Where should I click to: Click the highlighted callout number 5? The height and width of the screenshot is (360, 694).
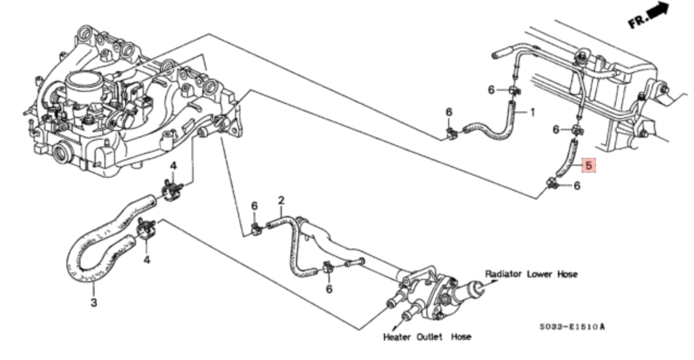[589, 165]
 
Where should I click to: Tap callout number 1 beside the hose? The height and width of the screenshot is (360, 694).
[532, 113]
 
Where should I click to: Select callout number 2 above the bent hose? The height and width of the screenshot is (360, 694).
[281, 201]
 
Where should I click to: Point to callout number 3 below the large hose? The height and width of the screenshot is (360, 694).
[94, 302]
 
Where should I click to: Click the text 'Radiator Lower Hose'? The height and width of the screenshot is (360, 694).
[531, 274]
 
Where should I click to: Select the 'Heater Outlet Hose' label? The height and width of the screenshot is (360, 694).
[427, 337]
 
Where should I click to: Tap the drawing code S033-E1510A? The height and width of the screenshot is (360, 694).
[572, 327]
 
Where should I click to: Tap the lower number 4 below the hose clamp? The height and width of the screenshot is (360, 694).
[146, 260]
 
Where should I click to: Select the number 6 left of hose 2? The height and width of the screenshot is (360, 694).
[254, 206]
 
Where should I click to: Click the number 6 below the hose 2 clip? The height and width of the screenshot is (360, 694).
[329, 289]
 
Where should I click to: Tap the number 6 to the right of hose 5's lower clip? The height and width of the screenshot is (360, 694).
[577, 186]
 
